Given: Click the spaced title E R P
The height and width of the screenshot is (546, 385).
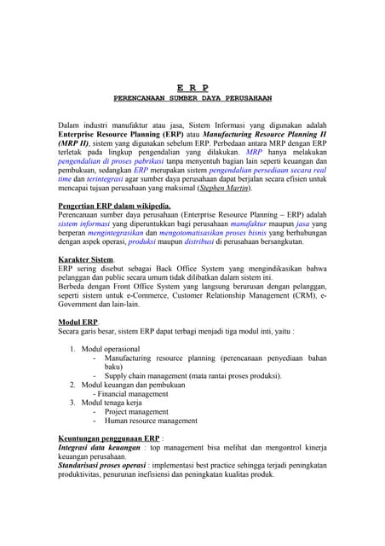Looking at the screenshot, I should pyautogui.click(x=192, y=88).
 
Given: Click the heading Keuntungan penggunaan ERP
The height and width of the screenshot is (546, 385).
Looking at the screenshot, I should pyautogui.click(x=105, y=439).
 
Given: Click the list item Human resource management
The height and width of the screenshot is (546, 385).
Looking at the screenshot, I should pyautogui.click(x=151, y=421).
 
